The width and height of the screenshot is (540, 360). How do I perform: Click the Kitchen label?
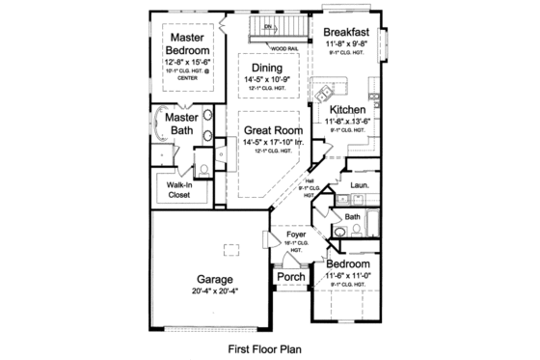[x=345, y=111]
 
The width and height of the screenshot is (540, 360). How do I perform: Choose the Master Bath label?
[x=179, y=125]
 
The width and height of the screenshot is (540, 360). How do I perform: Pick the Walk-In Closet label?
[x=179, y=188]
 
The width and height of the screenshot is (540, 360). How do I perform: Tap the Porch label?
[x=291, y=277]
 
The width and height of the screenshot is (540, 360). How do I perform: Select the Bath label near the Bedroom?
[x=353, y=217]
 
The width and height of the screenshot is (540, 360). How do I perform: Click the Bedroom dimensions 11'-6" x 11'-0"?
[x=346, y=275]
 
